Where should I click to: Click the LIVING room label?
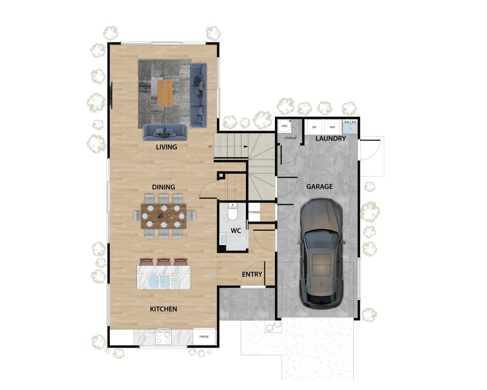click(x=166, y=147)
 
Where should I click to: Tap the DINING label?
click(x=164, y=187)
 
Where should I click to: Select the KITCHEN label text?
click(x=164, y=309)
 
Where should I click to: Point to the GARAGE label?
click(x=319, y=187)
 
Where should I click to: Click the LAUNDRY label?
click(x=331, y=139)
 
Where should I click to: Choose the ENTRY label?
click(x=252, y=274)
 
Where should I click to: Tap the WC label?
click(x=236, y=230)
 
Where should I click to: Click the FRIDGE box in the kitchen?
click(x=204, y=337)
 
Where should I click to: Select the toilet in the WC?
click(x=233, y=212)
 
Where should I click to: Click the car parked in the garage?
click(x=321, y=252)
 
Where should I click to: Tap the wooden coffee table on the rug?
click(x=165, y=93)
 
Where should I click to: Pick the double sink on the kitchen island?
click(x=160, y=282)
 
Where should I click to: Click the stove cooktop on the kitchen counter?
click(x=163, y=337)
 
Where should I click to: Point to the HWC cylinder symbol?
click(x=284, y=126)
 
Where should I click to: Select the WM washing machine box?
click(x=332, y=127)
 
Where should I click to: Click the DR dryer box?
click(x=314, y=127)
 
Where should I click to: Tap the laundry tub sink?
click(x=350, y=128)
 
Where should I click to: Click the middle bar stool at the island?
click(x=164, y=261)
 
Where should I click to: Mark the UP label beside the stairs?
click(x=210, y=146)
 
